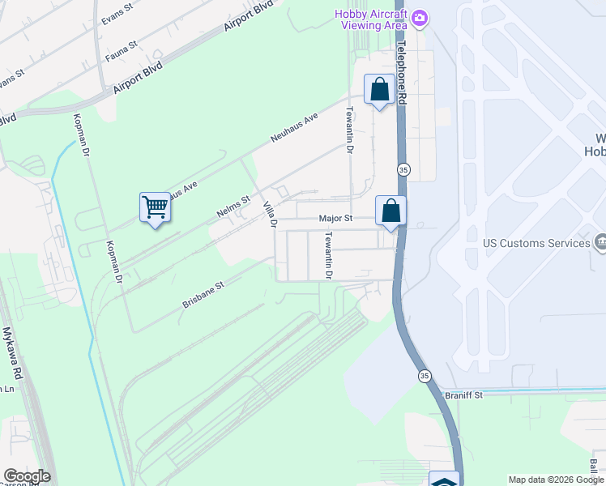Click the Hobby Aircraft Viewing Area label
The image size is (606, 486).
(371, 19)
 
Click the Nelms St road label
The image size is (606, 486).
(233, 206)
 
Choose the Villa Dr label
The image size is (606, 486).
(269, 214)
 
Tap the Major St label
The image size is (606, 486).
(335, 219)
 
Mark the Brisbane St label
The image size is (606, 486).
(203, 295)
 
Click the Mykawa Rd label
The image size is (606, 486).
(11, 354)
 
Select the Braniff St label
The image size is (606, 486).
(463, 394)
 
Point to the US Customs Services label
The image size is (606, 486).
(536, 243)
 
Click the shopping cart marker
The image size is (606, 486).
(155, 207)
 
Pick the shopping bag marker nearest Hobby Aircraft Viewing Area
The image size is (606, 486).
(379, 89)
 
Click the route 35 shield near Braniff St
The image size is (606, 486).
(424, 376)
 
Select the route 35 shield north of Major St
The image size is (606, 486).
(403, 169)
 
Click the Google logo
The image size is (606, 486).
(27, 476)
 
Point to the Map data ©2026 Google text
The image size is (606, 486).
(555, 480)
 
